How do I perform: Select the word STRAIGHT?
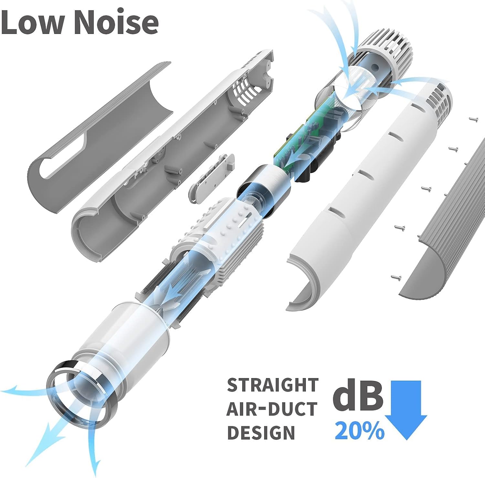(273, 385)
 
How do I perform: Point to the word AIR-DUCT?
(272, 409)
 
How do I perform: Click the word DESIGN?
(261, 432)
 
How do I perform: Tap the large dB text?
(358, 395)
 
